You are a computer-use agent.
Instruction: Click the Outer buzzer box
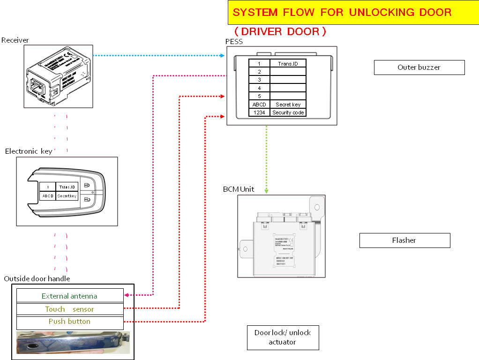pyautogui.click(x=419, y=67)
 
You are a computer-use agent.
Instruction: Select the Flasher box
pyautogui.click(x=404, y=240)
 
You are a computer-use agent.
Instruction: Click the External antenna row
pyautogui.click(x=69, y=296)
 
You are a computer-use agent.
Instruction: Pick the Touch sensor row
pyautogui.click(x=69, y=309)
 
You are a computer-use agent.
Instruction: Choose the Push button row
pyautogui.click(x=69, y=322)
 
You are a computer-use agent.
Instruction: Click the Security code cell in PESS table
pyautogui.click(x=288, y=112)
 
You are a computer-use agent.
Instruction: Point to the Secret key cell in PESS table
pyautogui.click(x=288, y=105)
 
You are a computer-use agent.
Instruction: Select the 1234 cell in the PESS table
pyautogui.click(x=259, y=112)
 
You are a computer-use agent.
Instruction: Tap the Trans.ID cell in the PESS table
pyautogui.click(x=288, y=63)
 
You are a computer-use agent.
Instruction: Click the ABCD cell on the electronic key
pyautogui.click(x=47, y=196)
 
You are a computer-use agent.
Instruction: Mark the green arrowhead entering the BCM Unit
pyautogui.click(x=266, y=191)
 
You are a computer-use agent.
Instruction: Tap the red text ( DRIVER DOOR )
pyautogui.click(x=280, y=31)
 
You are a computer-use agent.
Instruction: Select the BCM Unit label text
pyautogui.click(x=239, y=189)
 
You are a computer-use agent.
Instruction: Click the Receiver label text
pyautogui.click(x=15, y=40)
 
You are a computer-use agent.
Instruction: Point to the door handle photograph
pyautogui.click(x=73, y=343)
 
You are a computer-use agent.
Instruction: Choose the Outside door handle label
pyautogui.click(x=37, y=279)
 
